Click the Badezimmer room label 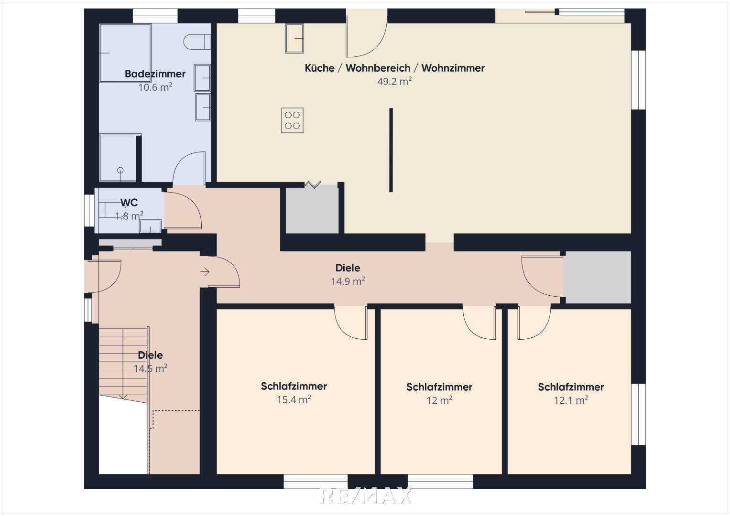pos(155,74)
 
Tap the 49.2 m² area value pos(394,81)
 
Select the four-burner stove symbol pos(292,120)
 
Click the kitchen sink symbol pos(294,38)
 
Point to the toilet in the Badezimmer pos(197,42)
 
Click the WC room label pos(129,203)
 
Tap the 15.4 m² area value pos(294,399)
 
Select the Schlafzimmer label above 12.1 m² pos(571,387)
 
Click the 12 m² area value pos(439,400)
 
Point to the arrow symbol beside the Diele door pos(205,272)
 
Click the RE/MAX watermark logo pos(365,496)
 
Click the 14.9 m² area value pos(348,281)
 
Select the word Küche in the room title pos(319,68)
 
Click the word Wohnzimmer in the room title pos(453,68)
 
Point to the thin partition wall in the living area pos(391,150)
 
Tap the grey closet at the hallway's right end pos(597,277)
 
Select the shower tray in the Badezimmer pos(118,158)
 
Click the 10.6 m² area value pos(155,87)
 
